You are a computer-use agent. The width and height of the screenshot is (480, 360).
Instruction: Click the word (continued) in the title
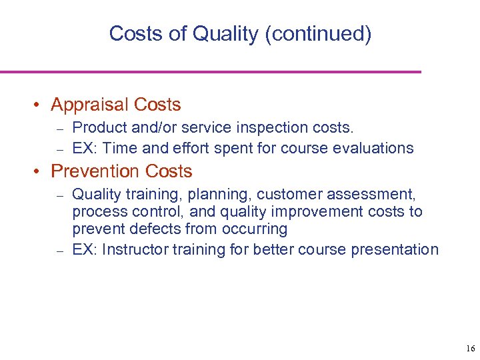click(x=318, y=33)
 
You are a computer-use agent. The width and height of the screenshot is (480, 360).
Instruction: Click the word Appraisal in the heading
click(x=89, y=105)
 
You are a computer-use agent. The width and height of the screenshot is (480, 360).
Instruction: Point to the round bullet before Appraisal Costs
click(x=41, y=105)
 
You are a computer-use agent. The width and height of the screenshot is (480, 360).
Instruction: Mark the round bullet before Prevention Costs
click(x=41, y=172)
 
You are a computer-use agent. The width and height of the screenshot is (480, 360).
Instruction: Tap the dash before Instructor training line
click(x=59, y=251)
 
